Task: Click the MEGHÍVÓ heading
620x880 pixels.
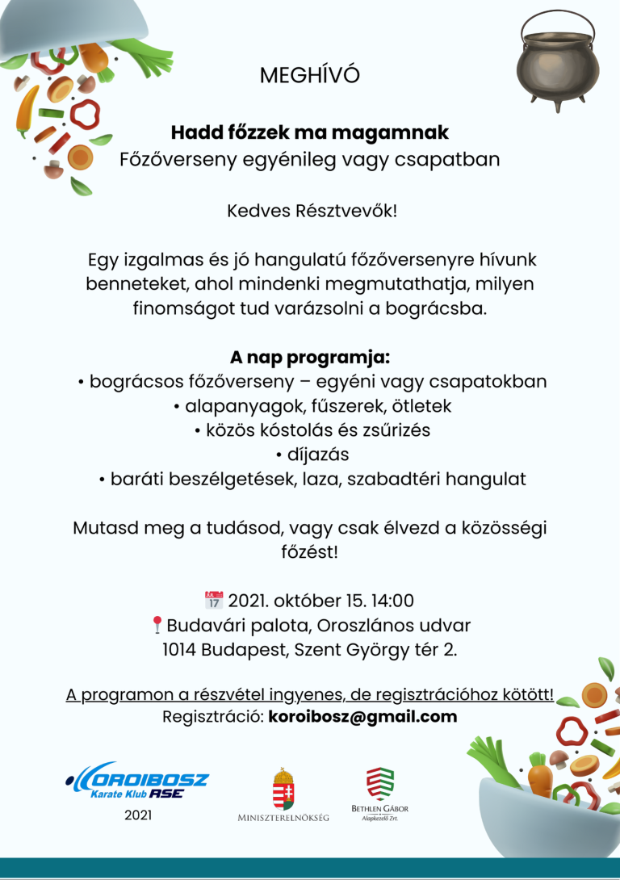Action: point(310,75)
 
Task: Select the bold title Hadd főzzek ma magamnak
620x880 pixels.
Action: point(310,131)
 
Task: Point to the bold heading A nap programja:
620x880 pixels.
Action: point(310,357)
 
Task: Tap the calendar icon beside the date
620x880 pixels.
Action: point(214,600)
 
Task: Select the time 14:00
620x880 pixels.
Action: point(392,601)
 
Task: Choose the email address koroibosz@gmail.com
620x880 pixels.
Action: point(362,716)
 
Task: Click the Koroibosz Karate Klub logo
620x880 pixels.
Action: point(137,781)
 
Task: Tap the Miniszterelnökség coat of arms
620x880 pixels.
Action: point(283,789)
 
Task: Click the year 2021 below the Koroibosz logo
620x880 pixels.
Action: point(138,815)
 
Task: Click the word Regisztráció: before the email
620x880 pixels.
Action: point(213,716)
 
